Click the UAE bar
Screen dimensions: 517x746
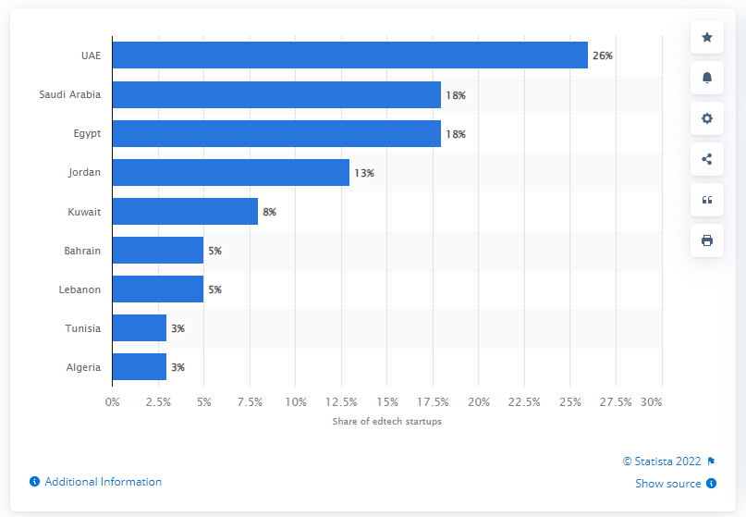click(x=349, y=55)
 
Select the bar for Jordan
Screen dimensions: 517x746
click(x=231, y=173)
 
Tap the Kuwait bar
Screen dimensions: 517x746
click(x=185, y=212)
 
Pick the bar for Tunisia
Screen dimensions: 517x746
click(x=140, y=328)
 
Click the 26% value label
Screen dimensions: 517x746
click(x=603, y=56)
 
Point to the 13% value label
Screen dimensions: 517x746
click(x=364, y=173)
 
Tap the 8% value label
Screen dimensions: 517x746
click(x=270, y=212)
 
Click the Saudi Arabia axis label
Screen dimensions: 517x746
click(x=70, y=94)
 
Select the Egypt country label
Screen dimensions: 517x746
click(x=87, y=134)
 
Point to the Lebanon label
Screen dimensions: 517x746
click(x=79, y=289)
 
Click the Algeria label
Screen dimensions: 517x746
click(x=83, y=367)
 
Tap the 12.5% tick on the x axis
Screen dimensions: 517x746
click(x=341, y=402)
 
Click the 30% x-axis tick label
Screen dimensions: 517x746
click(x=652, y=402)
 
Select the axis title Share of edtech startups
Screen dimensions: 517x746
click(x=386, y=422)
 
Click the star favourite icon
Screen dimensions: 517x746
click(x=707, y=37)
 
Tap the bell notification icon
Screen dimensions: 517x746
click(x=707, y=78)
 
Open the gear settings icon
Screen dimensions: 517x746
click(x=707, y=118)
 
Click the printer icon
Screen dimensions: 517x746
click(x=707, y=240)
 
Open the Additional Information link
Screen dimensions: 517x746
click(x=103, y=482)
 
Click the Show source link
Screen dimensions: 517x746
click(x=669, y=483)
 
